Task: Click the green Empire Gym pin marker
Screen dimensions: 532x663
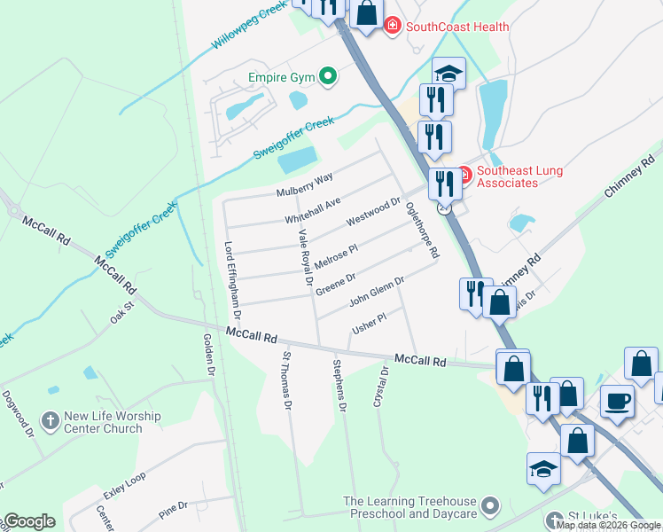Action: point(328,77)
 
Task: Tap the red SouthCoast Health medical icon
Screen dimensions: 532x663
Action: point(392,27)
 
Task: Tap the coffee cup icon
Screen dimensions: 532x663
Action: point(618,400)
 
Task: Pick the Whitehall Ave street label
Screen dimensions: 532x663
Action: point(312,211)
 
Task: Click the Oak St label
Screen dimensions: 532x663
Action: point(121,314)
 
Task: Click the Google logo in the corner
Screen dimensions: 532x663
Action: point(29,521)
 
